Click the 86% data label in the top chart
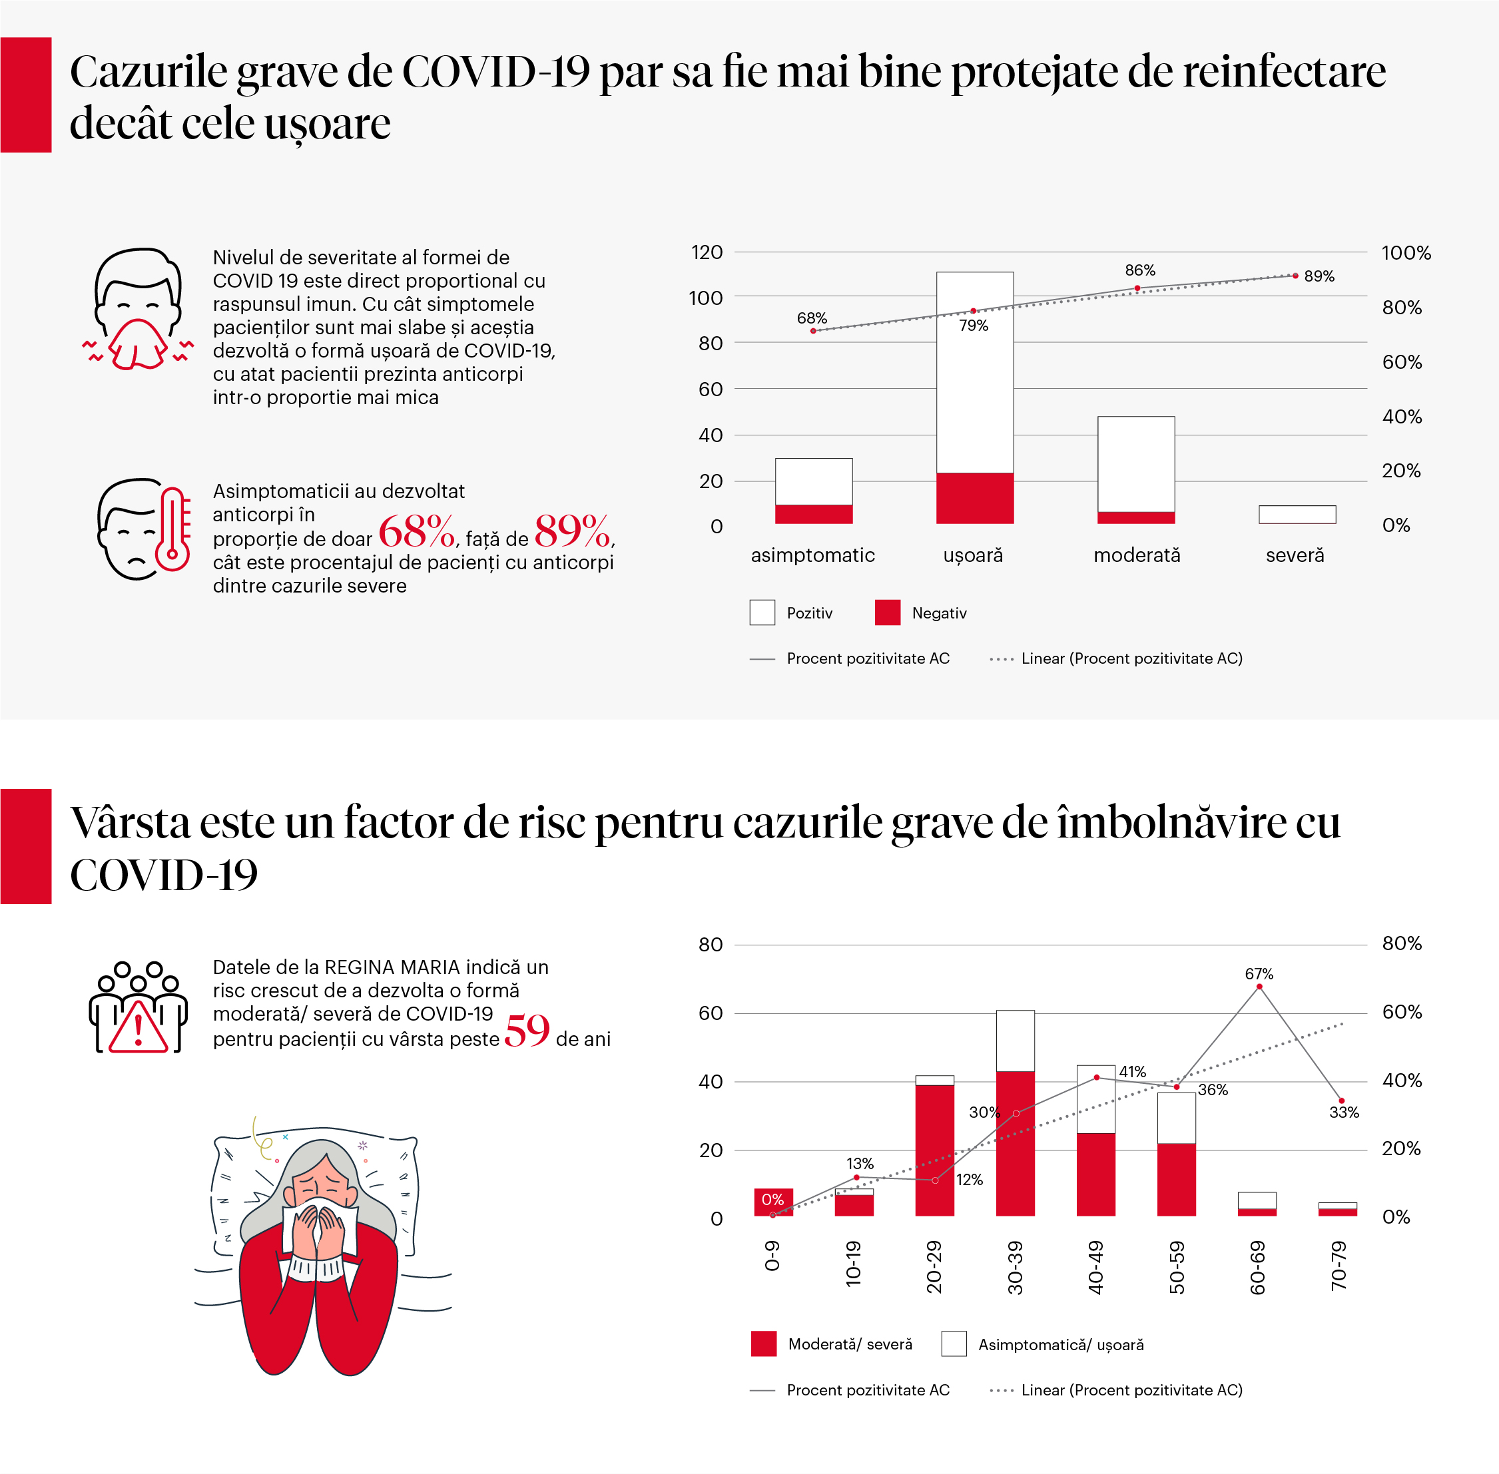tap(1140, 270)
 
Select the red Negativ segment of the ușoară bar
tap(974, 498)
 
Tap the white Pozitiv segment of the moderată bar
tap(1136, 463)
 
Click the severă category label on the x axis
tap(1295, 555)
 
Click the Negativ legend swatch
tap(887, 613)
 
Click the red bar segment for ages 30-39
tap(1015, 1142)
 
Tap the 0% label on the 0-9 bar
tap(772, 1199)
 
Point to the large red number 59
tap(527, 1031)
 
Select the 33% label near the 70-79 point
tap(1344, 1112)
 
